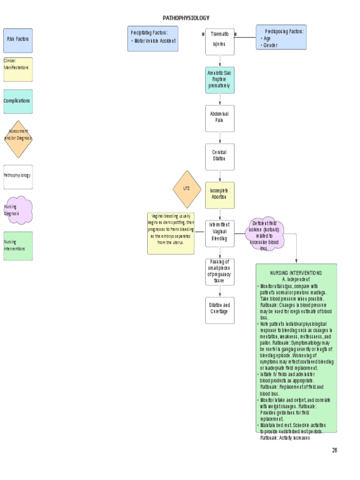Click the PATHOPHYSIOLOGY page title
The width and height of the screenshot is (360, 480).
point(186,18)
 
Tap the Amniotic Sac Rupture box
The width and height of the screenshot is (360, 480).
point(220,80)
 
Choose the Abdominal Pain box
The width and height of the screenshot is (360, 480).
point(220,118)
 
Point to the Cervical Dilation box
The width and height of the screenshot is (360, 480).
point(220,157)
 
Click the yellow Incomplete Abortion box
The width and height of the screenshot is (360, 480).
point(220,195)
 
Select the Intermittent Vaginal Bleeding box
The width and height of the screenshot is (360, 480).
point(220,233)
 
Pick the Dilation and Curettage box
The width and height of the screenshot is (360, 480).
point(220,310)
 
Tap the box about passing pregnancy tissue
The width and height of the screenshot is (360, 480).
point(220,271)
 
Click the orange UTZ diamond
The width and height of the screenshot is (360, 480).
point(187,189)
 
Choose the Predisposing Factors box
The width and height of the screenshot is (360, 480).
point(281,37)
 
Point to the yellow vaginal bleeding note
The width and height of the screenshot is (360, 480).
point(171,233)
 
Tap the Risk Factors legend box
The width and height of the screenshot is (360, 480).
point(18,40)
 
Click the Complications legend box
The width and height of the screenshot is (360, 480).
point(18,101)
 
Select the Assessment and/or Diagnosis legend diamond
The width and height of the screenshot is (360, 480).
point(18,139)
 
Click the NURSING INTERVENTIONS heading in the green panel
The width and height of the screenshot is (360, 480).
point(296,273)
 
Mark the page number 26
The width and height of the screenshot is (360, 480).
point(335,450)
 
